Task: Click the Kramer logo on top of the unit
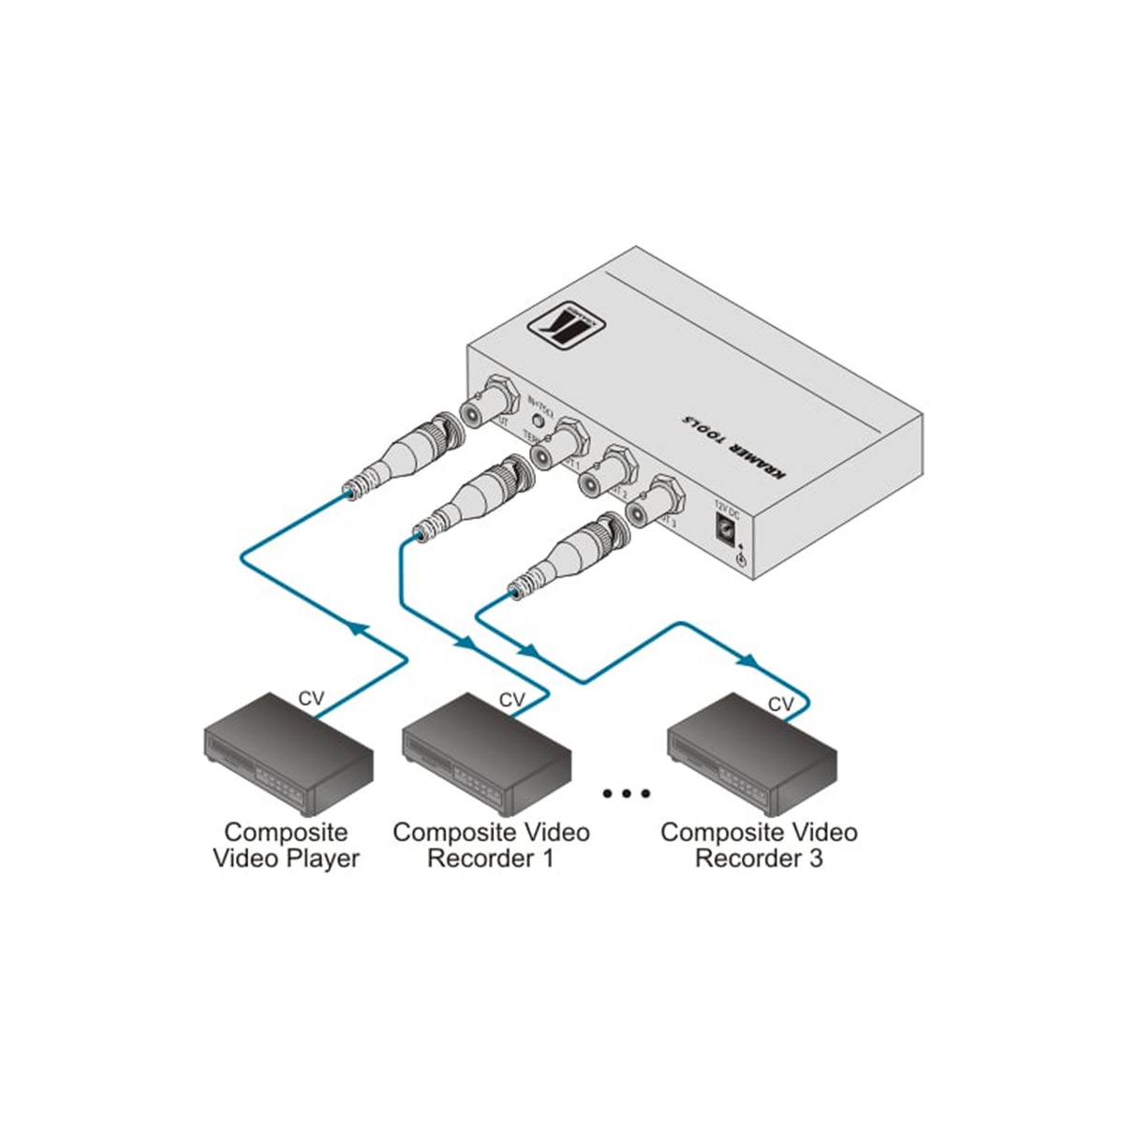(x=564, y=325)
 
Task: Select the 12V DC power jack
(x=725, y=529)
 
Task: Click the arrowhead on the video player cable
(x=355, y=627)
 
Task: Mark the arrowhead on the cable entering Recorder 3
(x=746, y=660)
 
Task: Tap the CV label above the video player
(x=311, y=699)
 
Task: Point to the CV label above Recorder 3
(x=780, y=703)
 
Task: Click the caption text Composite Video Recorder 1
(x=491, y=844)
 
